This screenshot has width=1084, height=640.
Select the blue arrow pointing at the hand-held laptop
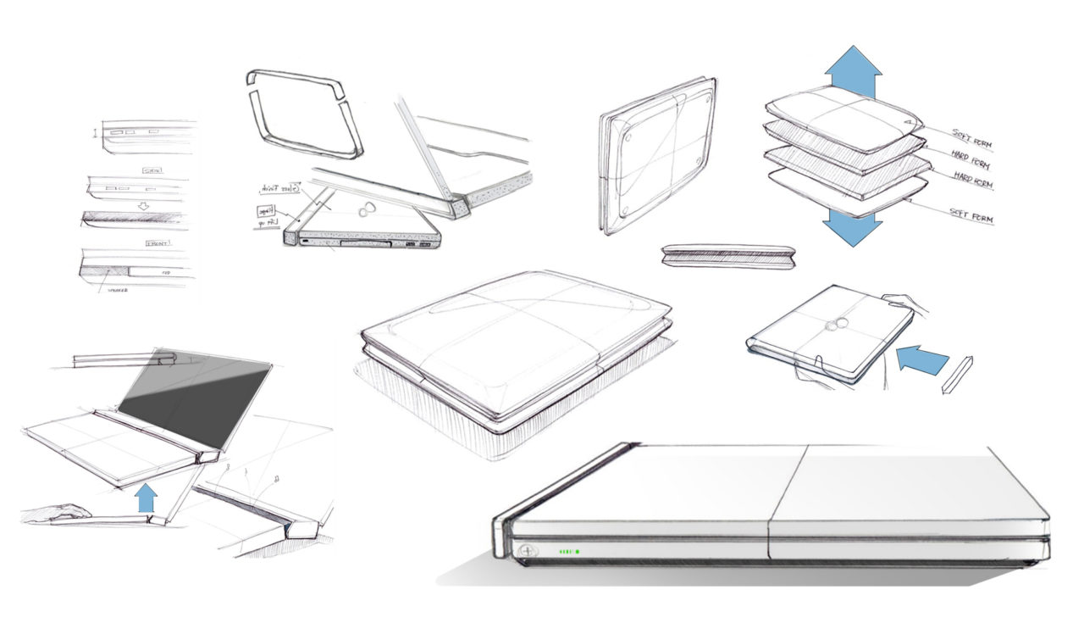921,359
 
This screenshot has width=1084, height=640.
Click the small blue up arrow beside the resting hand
147,498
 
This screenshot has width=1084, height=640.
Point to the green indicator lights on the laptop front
568,552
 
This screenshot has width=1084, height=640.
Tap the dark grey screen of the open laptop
195,398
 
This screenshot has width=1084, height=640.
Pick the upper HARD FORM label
969,162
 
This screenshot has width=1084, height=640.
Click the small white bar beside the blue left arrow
957,375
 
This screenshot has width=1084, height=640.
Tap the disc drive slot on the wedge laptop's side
362,245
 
